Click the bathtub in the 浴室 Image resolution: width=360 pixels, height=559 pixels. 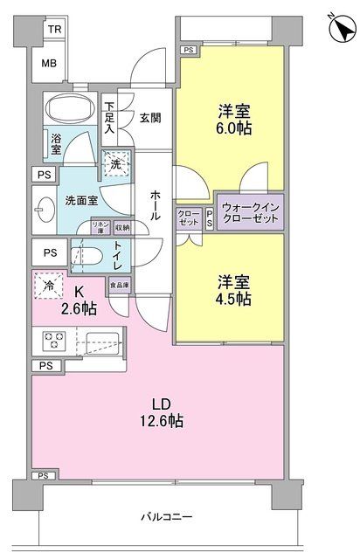[x=69, y=109]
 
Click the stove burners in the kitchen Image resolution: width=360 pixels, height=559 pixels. [x=51, y=339]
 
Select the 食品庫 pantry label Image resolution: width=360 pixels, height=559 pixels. [x=118, y=284]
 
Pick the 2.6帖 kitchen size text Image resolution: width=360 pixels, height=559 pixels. [x=79, y=308]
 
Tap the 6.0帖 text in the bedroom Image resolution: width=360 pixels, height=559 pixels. [x=234, y=128]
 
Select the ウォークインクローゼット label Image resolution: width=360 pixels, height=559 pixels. [x=251, y=214]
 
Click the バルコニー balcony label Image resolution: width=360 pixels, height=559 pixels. [x=166, y=518]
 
